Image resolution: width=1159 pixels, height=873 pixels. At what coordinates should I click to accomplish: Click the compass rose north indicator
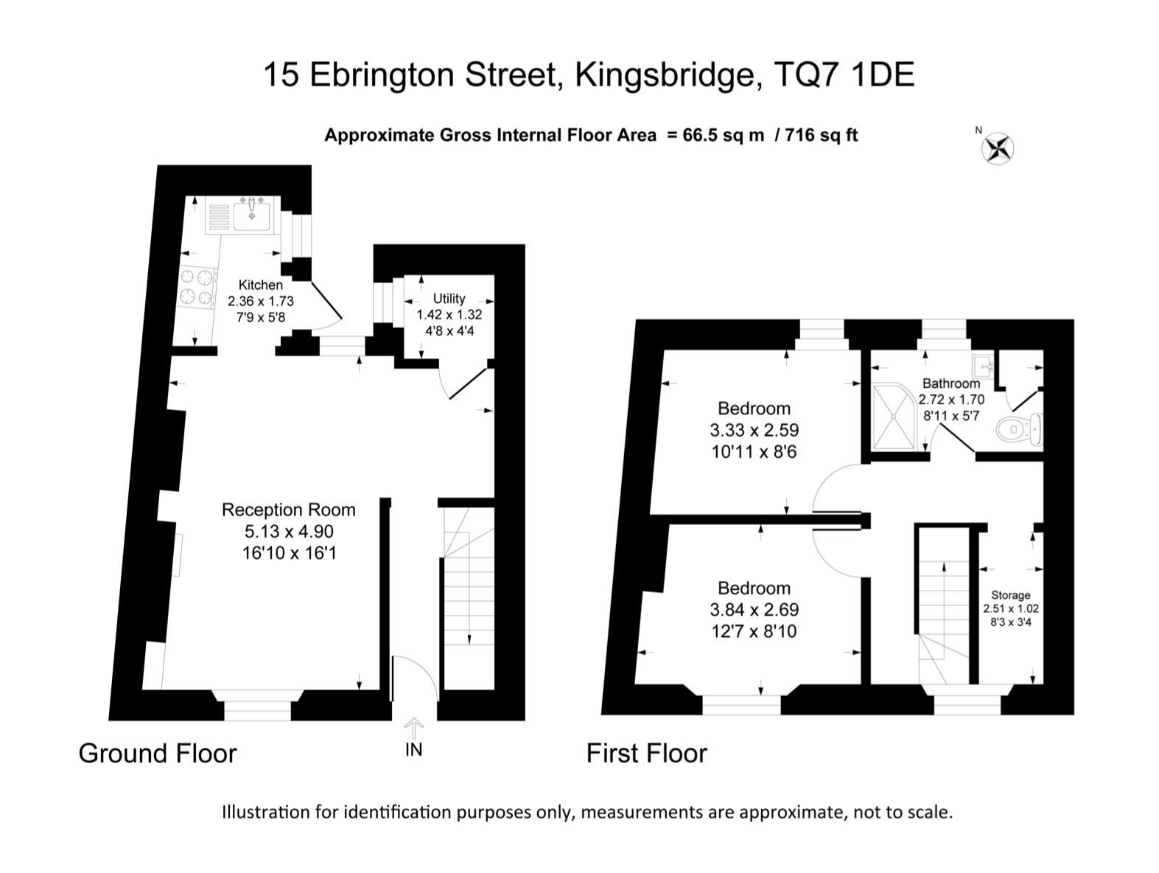pyautogui.click(x=997, y=147)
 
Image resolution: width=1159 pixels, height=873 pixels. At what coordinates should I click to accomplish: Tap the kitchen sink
pyautogui.click(x=252, y=215)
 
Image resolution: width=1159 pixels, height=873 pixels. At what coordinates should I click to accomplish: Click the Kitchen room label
pyautogui.click(x=260, y=285)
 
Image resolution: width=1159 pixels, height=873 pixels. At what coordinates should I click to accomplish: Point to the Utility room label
pyautogui.click(x=449, y=299)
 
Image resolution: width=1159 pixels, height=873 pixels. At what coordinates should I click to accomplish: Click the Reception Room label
pyautogui.click(x=288, y=509)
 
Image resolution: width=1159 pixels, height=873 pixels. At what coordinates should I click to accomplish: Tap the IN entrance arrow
pyautogui.click(x=414, y=729)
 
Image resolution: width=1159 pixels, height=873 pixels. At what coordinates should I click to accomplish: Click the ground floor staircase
pyautogui.click(x=469, y=597)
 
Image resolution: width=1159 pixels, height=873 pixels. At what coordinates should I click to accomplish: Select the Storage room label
pyautogui.click(x=1010, y=595)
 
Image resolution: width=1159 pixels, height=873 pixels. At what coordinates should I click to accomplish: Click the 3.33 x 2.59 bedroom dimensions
pyautogui.click(x=754, y=430)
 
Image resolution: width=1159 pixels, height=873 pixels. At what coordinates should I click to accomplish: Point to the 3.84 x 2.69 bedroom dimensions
pyautogui.click(x=754, y=610)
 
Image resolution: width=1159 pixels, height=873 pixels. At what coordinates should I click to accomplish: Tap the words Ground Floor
pyautogui.click(x=158, y=754)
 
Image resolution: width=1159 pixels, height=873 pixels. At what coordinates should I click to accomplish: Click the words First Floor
pyautogui.click(x=646, y=754)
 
